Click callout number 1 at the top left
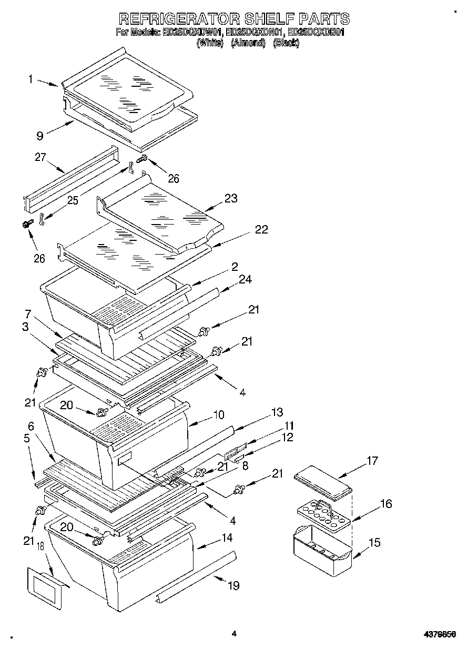[31, 79]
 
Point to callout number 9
[40, 135]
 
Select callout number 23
[230, 198]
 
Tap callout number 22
[261, 229]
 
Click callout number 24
[246, 280]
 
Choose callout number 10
[218, 415]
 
